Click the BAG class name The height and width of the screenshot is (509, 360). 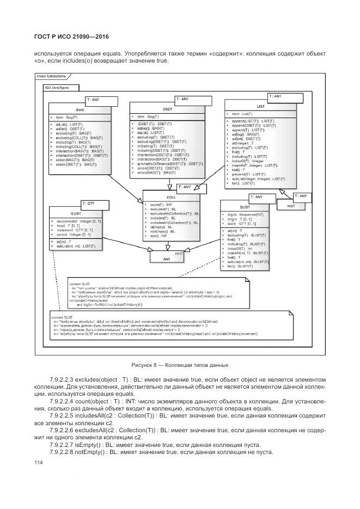(80, 109)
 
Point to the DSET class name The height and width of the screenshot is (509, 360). (167, 108)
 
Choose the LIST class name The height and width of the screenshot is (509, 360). (260, 106)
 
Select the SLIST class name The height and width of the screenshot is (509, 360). (245, 207)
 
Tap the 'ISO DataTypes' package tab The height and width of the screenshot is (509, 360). (57, 87)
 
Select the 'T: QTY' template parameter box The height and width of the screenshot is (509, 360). (91, 204)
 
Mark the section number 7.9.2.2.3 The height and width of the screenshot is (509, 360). (66, 378)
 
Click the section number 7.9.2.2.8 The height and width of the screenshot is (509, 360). (66, 452)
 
